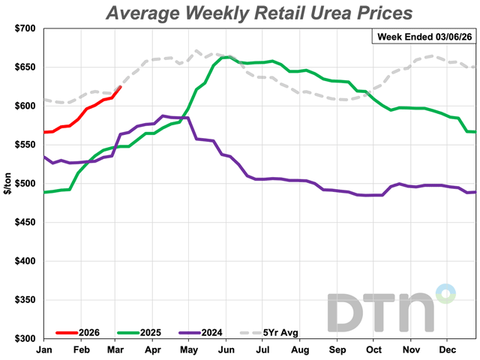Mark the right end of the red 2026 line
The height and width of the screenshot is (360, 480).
tap(121, 87)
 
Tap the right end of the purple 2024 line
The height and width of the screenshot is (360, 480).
tap(475, 191)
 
